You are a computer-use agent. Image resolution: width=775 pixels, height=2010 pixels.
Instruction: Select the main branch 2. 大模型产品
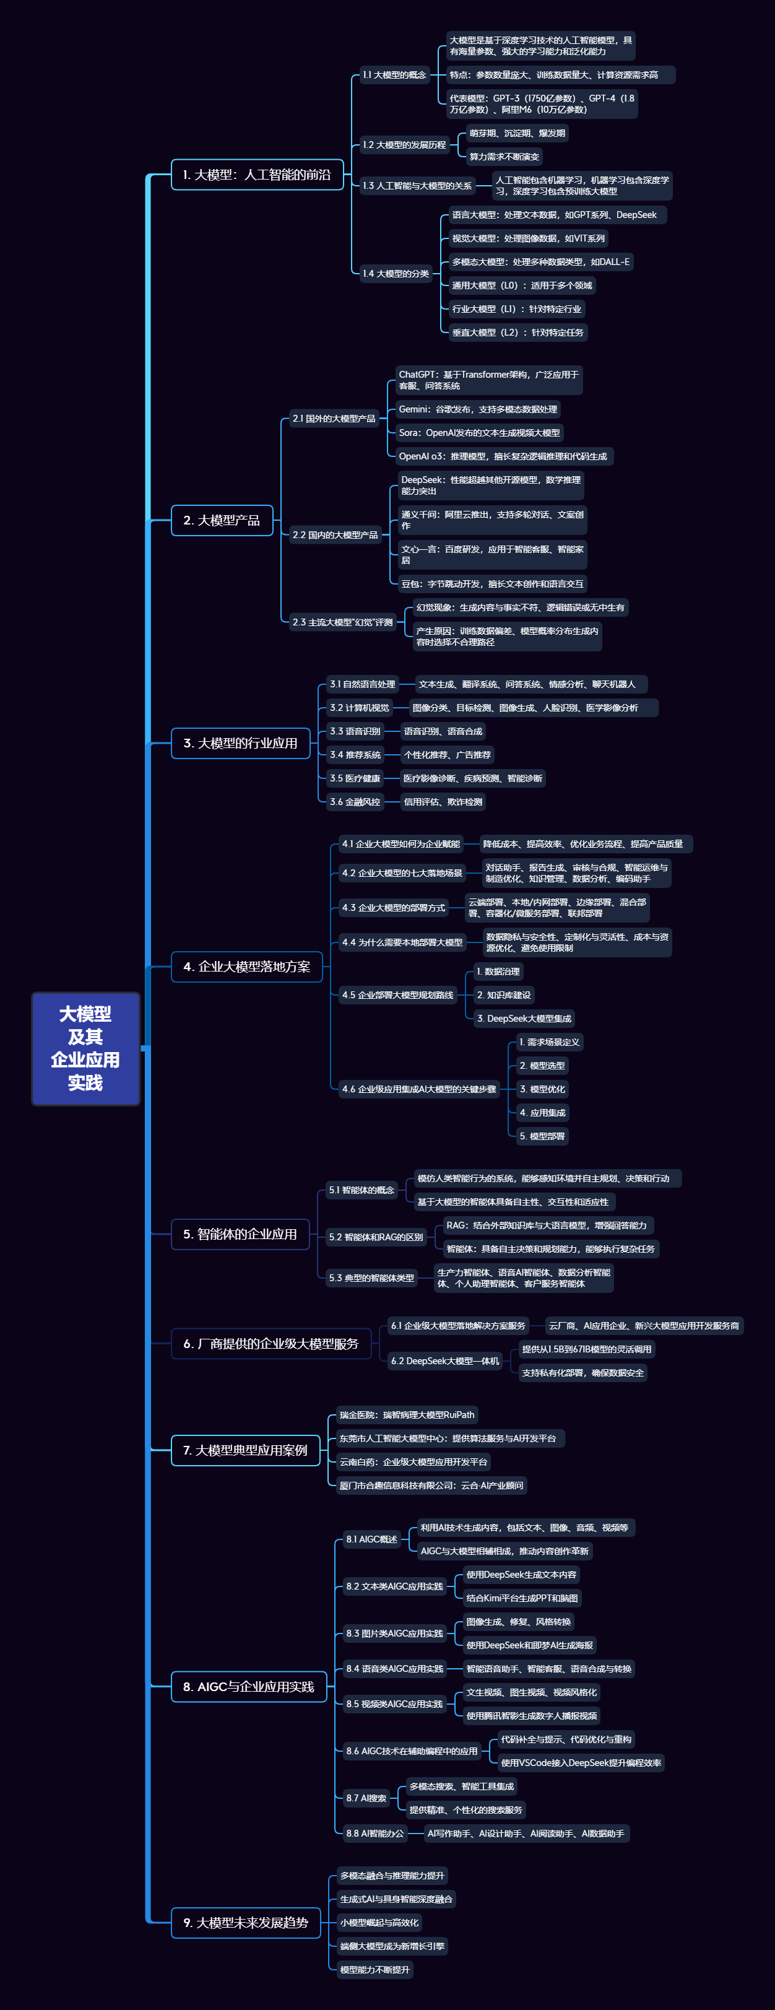[222, 520]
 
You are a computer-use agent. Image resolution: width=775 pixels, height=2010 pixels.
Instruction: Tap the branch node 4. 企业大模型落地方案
[246, 967]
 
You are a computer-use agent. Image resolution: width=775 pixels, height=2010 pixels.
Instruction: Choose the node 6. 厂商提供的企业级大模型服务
[271, 1344]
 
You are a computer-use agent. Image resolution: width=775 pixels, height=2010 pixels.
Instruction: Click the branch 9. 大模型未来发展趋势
[246, 1923]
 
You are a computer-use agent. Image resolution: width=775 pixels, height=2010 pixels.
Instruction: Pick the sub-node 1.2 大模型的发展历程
[403, 145]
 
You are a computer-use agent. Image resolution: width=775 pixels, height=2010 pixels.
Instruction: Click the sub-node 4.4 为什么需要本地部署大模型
[402, 942]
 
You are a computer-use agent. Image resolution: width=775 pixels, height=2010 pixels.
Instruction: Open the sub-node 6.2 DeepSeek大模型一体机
[444, 1361]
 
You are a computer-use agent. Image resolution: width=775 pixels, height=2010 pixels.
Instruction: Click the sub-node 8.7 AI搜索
[366, 1798]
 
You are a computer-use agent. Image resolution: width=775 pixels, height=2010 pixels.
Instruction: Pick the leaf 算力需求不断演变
[504, 157]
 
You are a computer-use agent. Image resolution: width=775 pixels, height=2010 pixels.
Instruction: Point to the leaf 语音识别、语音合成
[443, 732]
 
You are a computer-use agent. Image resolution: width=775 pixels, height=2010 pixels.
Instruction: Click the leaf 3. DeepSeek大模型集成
[524, 1018]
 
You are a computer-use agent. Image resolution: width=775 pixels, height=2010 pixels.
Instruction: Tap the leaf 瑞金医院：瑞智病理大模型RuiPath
[406, 1416]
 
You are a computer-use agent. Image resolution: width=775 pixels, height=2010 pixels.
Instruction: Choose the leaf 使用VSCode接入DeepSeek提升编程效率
[581, 1763]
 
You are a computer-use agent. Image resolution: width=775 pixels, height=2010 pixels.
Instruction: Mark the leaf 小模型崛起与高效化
[379, 1923]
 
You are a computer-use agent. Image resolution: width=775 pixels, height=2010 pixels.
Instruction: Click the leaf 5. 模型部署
[542, 1136]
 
